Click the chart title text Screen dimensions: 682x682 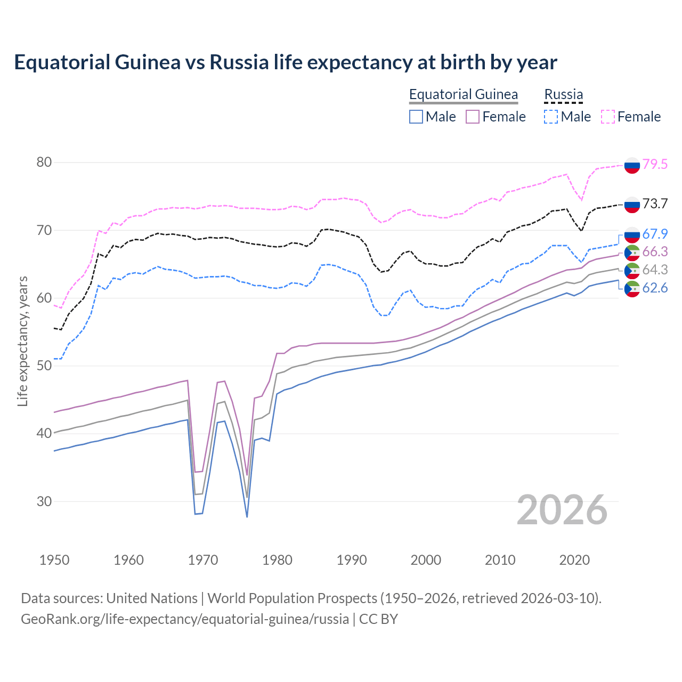286,62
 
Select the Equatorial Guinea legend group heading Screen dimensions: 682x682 463,94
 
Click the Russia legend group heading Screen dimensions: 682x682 563,94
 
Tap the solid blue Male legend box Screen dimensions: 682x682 416,117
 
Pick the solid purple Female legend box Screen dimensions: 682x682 473,117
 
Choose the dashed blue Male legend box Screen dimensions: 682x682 551,117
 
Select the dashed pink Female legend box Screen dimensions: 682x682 608,117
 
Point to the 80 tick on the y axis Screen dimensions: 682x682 44,162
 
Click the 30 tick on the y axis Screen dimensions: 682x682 44,501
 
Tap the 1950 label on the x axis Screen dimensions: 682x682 54,560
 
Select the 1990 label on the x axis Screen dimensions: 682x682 352,560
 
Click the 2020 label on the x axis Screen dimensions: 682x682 574,560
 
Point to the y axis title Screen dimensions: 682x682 22,341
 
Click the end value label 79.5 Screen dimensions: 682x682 655,164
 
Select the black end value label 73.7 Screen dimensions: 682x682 655,204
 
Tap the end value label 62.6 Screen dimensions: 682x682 655,288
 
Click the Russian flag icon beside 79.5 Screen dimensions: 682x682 632,165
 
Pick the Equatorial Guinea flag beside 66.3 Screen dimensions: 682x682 632,252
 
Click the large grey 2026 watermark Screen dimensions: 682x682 562,510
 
